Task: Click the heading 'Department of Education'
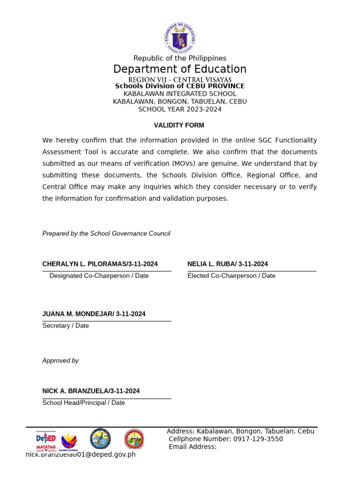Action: pyautogui.click(x=180, y=69)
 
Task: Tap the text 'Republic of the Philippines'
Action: pyautogui.click(x=180, y=58)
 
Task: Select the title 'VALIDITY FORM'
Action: pyautogui.click(x=179, y=125)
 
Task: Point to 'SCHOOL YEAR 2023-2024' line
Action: pyautogui.click(x=180, y=109)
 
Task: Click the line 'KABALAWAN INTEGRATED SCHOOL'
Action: pyautogui.click(x=180, y=94)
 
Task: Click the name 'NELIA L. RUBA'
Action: pyautogui.click(x=211, y=264)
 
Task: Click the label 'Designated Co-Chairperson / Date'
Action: pyautogui.click(x=99, y=276)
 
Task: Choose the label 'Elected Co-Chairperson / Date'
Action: pyautogui.click(x=231, y=276)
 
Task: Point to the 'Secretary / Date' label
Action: pyautogui.click(x=66, y=326)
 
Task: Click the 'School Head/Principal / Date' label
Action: pyautogui.click(x=83, y=403)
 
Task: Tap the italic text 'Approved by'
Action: pyautogui.click(x=60, y=360)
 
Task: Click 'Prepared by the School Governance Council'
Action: pyautogui.click(x=106, y=233)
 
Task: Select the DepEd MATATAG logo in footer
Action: pyautogui.click(x=46, y=440)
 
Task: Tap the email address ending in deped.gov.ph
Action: pyautogui.click(x=81, y=454)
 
